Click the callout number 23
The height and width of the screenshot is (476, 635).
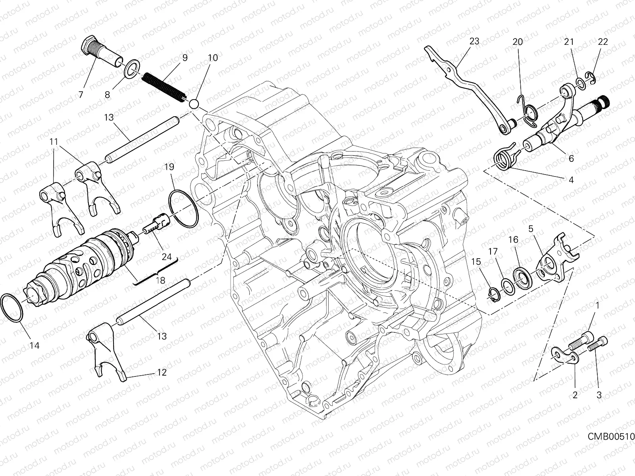pyautogui.click(x=474, y=41)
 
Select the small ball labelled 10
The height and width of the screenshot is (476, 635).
pyautogui.click(x=194, y=104)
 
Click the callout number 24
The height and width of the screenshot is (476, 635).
pyautogui.click(x=167, y=257)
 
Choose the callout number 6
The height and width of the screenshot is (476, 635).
pyautogui.click(x=571, y=158)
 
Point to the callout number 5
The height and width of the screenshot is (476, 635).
pyautogui.click(x=530, y=229)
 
